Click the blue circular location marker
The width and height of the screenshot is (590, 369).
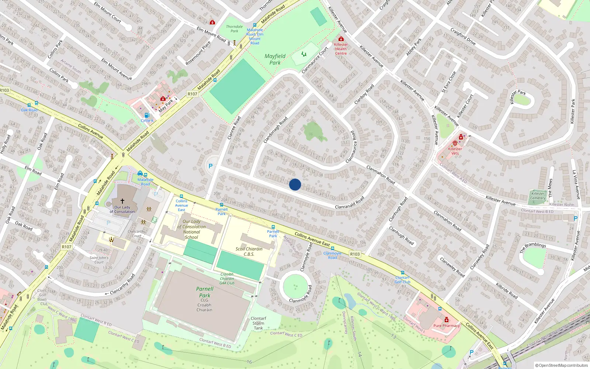[295, 184]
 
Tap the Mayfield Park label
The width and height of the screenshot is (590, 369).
[275, 59]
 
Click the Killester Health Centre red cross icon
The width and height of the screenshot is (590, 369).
[341, 39]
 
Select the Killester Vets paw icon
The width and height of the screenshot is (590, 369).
[455, 143]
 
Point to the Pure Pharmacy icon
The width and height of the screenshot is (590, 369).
[447, 320]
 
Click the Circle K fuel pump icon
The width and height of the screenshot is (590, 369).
[147, 115]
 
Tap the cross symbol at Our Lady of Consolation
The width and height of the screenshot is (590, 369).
[122, 201]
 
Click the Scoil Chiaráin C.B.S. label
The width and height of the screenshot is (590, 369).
[249, 251]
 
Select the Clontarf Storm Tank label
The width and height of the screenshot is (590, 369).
[258, 323]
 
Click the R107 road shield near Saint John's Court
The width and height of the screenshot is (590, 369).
[67, 247]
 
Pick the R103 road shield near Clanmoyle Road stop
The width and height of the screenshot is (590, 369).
[355, 254]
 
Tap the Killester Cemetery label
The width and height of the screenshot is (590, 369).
[538, 196]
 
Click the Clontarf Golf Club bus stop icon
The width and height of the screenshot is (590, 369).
[403, 273]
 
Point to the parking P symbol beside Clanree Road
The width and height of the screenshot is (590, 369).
[211, 166]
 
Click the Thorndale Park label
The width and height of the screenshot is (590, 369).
[235, 29]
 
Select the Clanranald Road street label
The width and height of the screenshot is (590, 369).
[350, 203]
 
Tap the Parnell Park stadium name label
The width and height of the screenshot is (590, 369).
[205, 292]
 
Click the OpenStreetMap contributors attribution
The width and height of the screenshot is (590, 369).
[562, 365]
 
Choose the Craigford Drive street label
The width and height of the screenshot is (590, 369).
[463, 37]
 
